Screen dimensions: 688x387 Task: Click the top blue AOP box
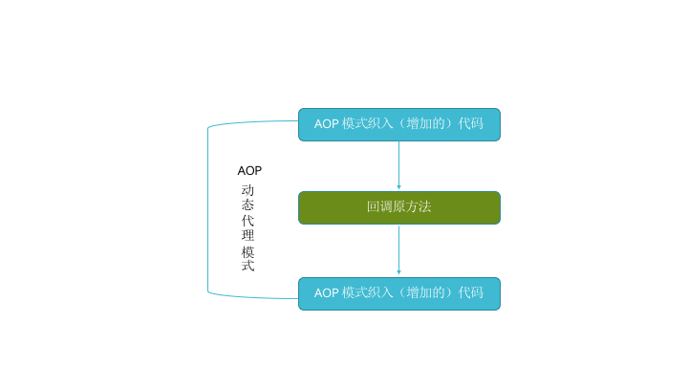(399, 124)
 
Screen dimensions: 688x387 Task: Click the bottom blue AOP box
(399, 294)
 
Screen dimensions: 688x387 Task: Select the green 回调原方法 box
(399, 208)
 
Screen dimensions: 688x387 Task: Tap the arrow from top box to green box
(398, 165)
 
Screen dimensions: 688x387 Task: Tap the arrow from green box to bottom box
(398, 250)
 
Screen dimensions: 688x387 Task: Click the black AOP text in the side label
(249, 171)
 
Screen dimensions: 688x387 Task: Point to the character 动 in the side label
(247, 190)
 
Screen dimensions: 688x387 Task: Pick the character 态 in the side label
(247, 204)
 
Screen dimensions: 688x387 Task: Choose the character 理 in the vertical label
(247, 235)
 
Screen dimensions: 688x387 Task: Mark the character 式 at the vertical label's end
(247, 266)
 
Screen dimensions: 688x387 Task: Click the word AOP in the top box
(327, 124)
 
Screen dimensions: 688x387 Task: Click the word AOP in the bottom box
(327, 293)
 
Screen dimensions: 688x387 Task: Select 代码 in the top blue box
(471, 123)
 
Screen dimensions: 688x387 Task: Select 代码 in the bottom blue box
(471, 292)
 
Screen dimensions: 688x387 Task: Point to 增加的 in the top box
(425, 123)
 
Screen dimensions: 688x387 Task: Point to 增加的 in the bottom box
(425, 292)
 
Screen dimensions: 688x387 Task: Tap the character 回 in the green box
(374, 206)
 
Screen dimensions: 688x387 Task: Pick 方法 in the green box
(419, 206)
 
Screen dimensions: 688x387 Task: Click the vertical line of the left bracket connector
(208, 209)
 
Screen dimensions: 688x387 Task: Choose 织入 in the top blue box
(380, 123)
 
